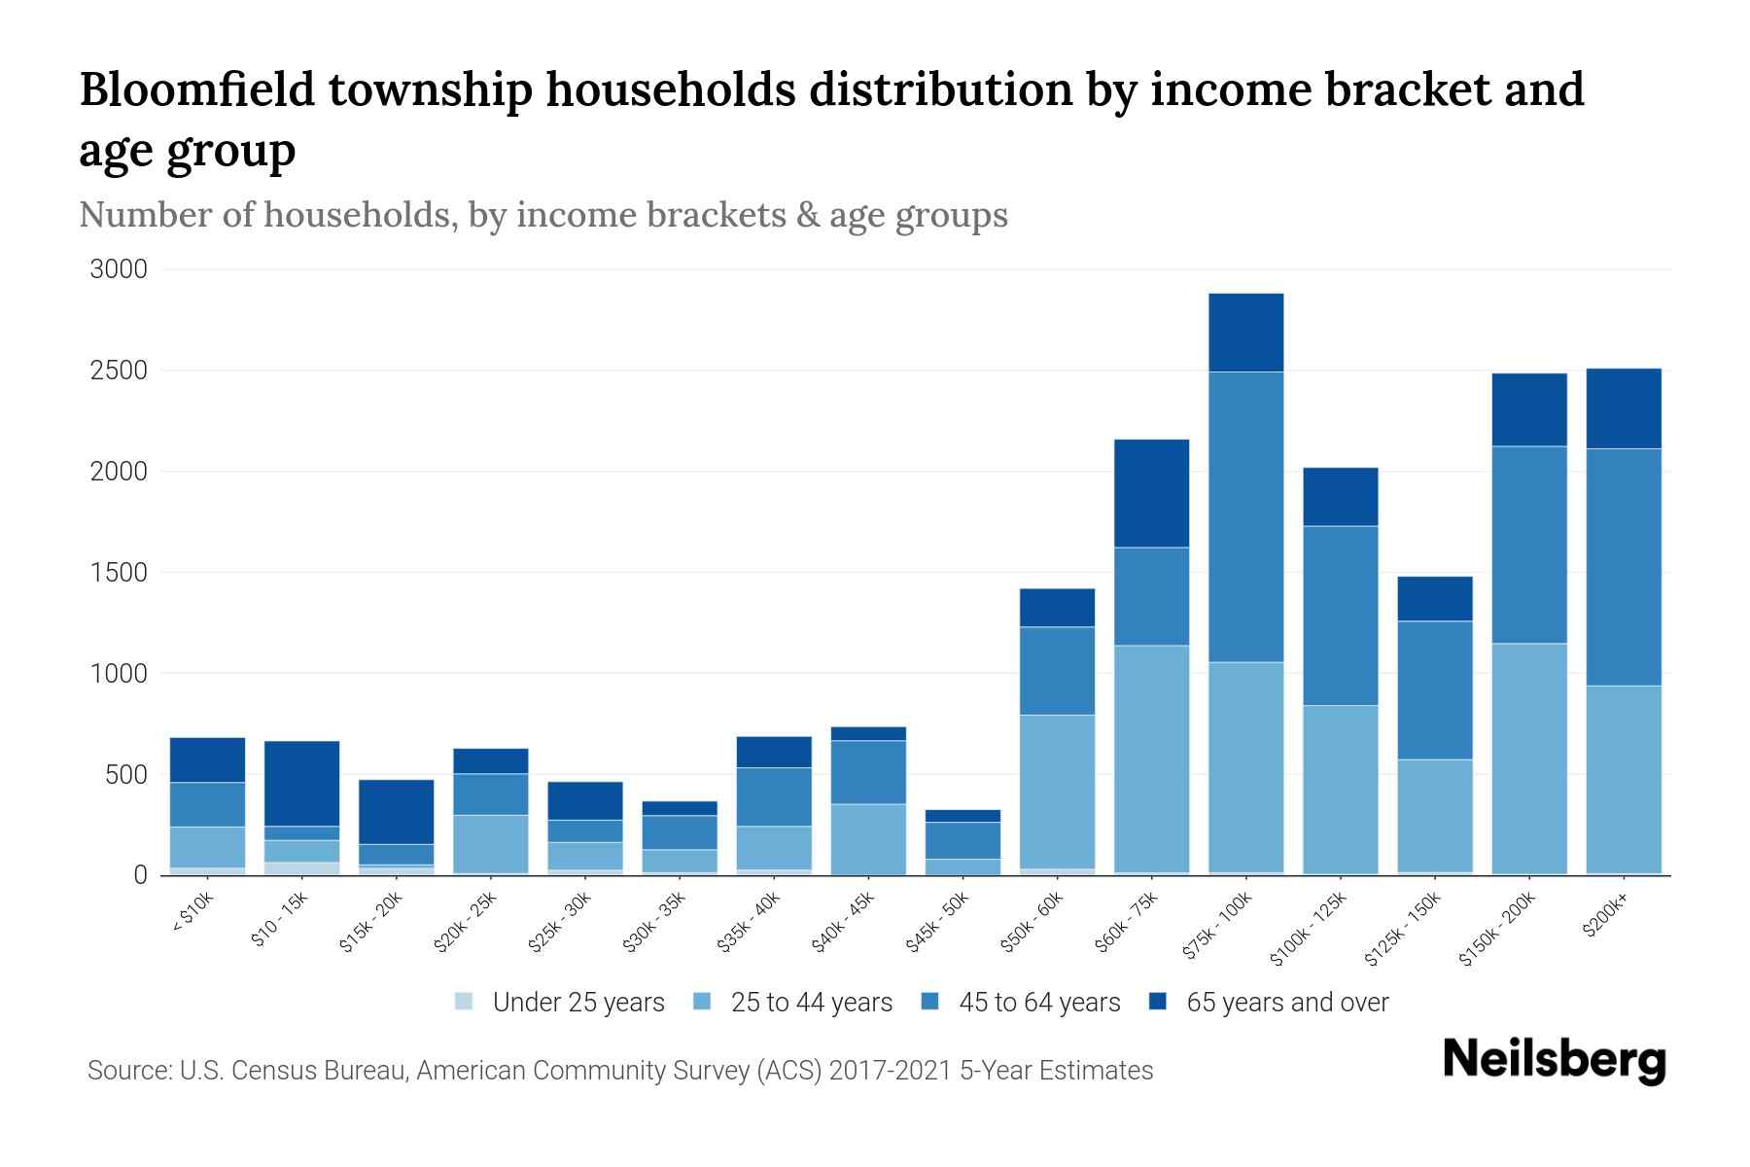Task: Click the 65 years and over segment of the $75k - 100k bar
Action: point(1245,333)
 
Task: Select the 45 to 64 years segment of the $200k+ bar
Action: point(1623,567)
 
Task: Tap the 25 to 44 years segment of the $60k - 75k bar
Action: point(1151,759)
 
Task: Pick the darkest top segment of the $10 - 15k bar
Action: point(301,784)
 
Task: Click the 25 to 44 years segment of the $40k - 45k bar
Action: point(868,838)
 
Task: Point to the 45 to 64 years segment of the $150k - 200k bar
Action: point(1528,545)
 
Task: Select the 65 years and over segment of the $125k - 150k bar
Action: point(1434,599)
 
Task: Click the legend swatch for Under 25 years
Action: point(465,1002)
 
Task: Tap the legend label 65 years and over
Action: point(1286,1003)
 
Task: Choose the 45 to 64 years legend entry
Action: point(1038,1003)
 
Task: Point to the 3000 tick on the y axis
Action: point(119,269)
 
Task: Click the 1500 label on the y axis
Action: point(119,573)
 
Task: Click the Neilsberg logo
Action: point(1554,1060)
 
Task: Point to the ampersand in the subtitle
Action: point(806,215)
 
